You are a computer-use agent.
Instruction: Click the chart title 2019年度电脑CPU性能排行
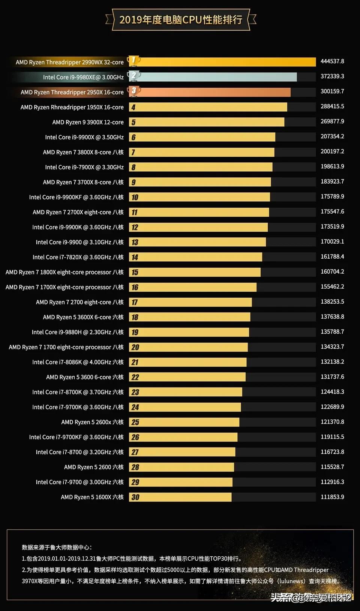pyautogui.click(x=181, y=19)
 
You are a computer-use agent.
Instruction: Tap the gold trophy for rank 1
pyautogui.click(x=133, y=61)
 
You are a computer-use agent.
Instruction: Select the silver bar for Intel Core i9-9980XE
pyautogui.click(x=217, y=77)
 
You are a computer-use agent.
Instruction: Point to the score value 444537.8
pyautogui.click(x=332, y=61)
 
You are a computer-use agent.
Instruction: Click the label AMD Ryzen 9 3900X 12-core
pyautogui.click(x=88, y=122)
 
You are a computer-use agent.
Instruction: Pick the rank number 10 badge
pyautogui.click(x=135, y=197)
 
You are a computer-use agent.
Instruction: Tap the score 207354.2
pyautogui.click(x=332, y=136)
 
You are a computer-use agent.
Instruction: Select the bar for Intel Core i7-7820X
pyautogui.click(x=199, y=257)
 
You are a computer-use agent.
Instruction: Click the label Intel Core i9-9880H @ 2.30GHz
pyautogui.click(x=78, y=332)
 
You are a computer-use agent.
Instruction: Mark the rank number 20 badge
pyautogui.click(x=135, y=347)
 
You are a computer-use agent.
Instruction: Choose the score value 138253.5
pyautogui.click(x=332, y=302)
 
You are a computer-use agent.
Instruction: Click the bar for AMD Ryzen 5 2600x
pyautogui.click(x=187, y=422)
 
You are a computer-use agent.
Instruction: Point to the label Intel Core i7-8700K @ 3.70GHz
pyautogui.click(x=78, y=392)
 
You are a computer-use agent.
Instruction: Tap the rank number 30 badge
pyautogui.click(x=135, y=497)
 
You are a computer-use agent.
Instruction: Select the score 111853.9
pyautogui.click(x=332, y=497)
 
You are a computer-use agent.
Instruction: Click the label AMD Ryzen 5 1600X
pyautogui.click(x=92, y=497)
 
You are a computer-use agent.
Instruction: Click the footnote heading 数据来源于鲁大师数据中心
pyautogui.click(x=57, y=547)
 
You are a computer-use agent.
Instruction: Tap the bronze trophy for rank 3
pyautogui.click(x=134, y=91)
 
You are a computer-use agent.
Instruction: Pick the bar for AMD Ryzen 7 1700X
pyautogui.click(x=195, y=287)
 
